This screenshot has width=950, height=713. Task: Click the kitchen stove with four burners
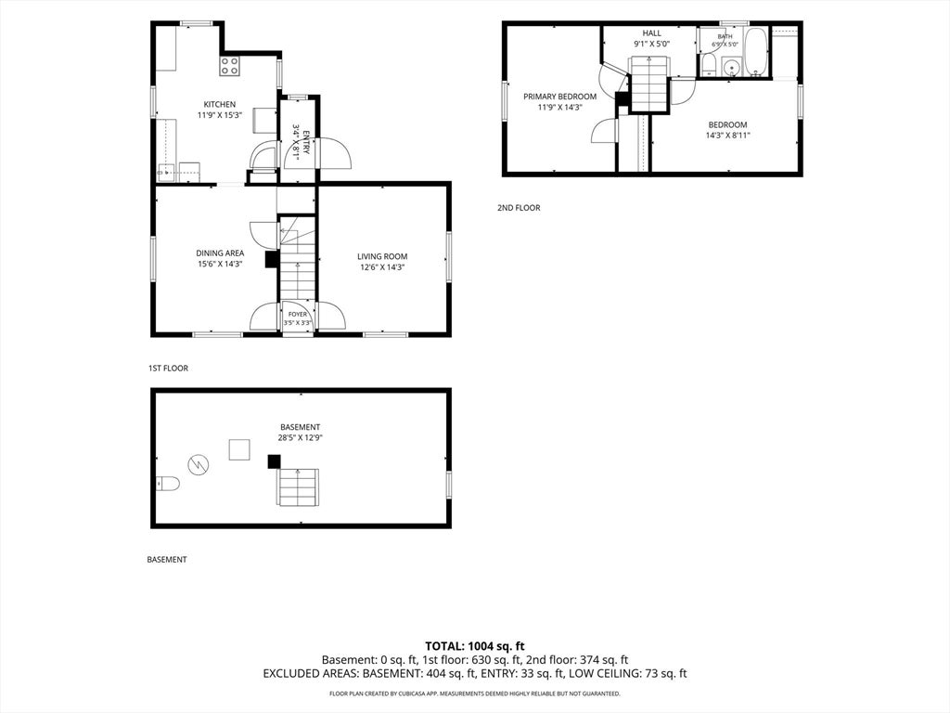click(230, 66)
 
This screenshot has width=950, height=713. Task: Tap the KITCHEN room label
click(219, 104)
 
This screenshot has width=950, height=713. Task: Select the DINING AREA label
click(220, 253)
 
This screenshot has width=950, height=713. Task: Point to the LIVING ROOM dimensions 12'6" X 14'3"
click(382, 266)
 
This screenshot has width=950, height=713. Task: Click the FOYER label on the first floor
click(298, 314)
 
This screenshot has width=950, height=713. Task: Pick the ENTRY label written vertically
click(306, 142)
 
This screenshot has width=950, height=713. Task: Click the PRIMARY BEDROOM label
click(559, 97)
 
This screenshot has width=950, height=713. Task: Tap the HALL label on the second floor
click(652, 33)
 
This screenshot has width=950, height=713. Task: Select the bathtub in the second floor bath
click(755, 52)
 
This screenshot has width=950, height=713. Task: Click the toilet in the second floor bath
click(709, 66)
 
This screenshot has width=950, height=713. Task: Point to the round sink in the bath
click(731, 66)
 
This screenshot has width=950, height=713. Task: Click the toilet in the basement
click(167, 483)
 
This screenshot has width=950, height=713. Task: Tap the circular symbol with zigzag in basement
click(199, 465)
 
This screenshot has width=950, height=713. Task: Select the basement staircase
click(298, 486)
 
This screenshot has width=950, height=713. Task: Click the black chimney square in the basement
click(274, 461)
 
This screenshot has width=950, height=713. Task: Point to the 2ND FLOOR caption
click(519, 207)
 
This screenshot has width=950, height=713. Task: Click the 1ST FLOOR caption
click(168, 368)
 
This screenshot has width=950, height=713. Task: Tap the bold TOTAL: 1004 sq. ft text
click(474, 646)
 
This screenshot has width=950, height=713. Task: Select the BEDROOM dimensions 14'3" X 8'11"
click(727, 136)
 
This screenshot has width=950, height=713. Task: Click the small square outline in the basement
click(239, 449)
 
